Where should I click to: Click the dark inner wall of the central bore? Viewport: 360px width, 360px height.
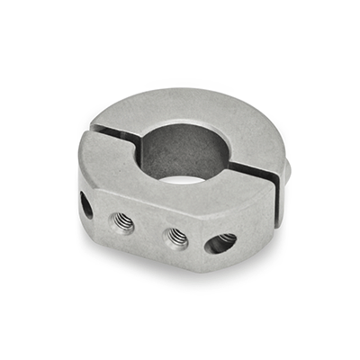(180, 144)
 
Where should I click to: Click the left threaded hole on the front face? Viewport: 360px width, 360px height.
(121, 221)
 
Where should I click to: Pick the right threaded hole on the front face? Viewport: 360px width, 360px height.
(177, 237)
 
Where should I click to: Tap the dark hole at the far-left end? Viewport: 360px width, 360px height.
(86, 204)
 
